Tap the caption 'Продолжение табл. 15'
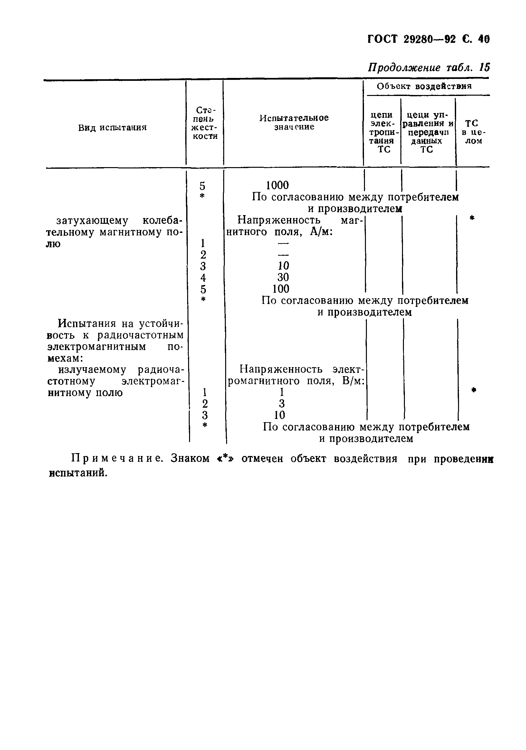[429, 68]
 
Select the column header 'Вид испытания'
[112, 128]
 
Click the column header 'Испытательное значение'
[294, 122]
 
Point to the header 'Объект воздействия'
[424, 86]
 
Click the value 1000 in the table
[277, 185]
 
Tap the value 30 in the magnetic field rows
[283, 277]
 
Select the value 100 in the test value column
[281, 289]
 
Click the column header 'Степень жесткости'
[205, 123]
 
